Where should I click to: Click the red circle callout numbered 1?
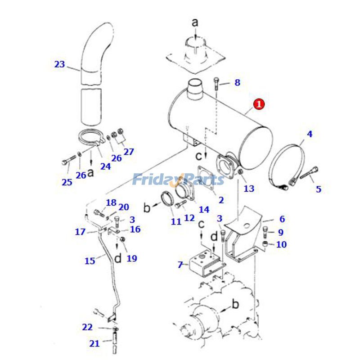coord(259,104)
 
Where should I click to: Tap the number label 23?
coord(59,64)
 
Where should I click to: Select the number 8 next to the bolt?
coord(237,82)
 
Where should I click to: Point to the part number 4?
coord(310,134)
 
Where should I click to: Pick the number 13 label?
coord(249,189)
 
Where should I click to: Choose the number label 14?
coord(204,209)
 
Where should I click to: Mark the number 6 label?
coord(282,219)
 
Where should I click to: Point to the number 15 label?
coord(90,260)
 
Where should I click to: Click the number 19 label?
coord(132,258)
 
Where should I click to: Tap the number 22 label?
coord(87,327)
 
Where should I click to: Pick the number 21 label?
coord(94,344)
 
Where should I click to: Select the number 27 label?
coord(129,152)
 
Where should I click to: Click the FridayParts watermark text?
coord(178,180)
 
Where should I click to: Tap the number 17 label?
coord(80,232)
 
